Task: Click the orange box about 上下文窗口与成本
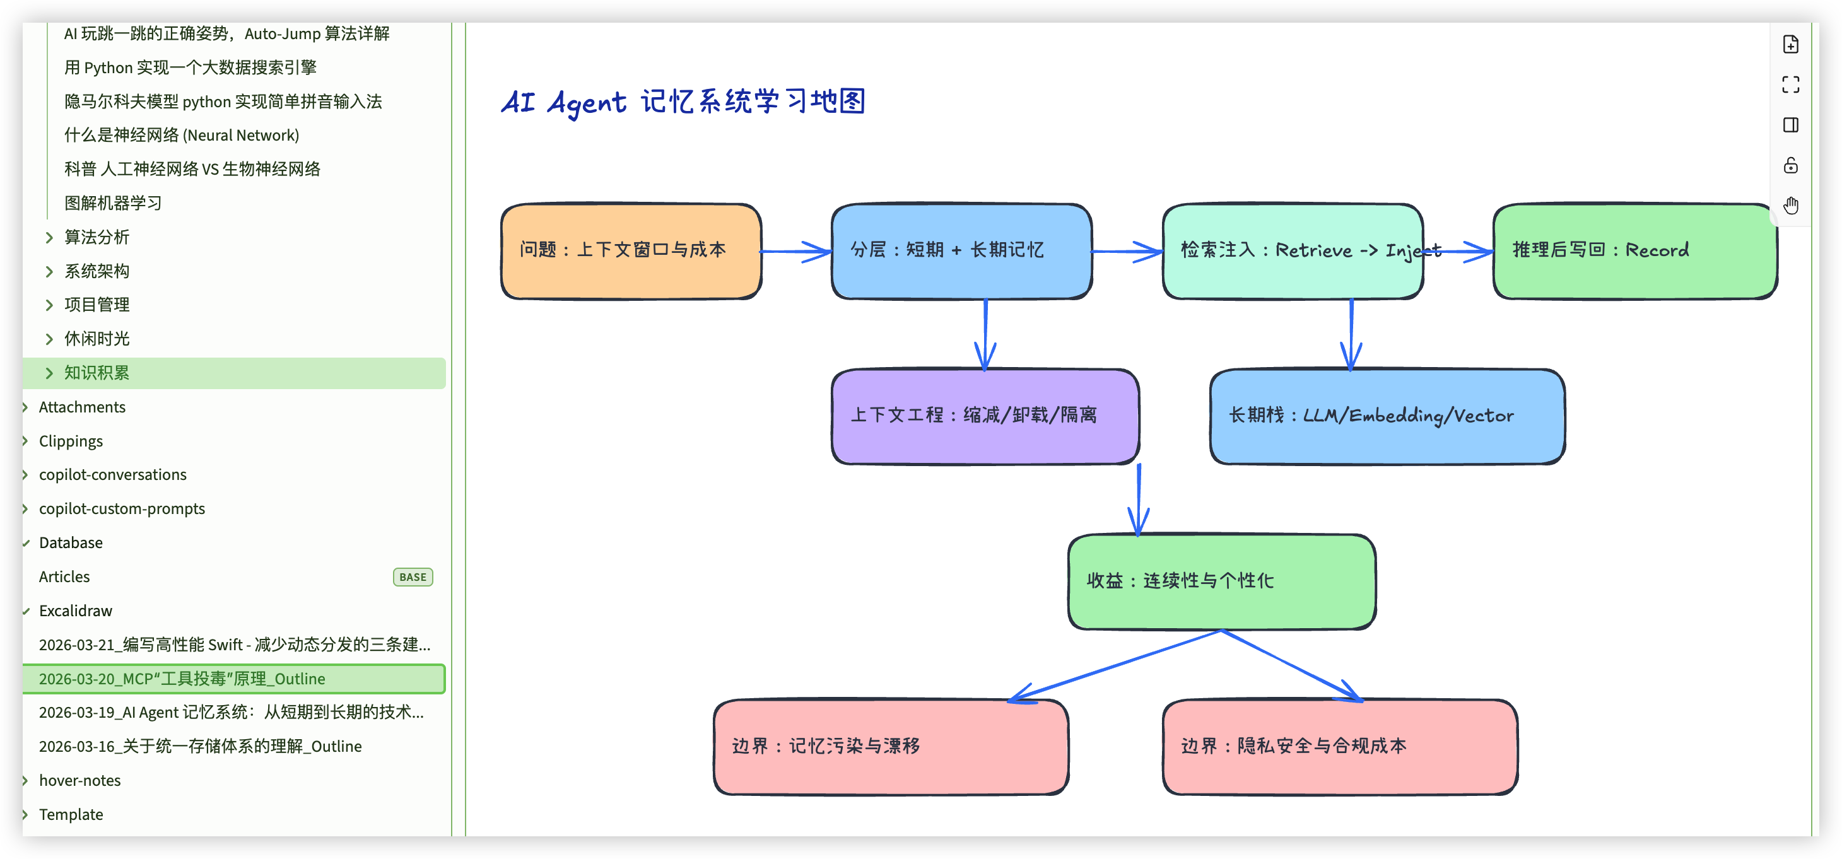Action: pyautogui.click(x=631, y=251)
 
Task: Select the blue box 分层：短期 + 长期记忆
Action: pyautogui.click(x=961, y=251)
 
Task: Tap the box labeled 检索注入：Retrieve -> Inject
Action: pyautogui.click(x=1291, y=251)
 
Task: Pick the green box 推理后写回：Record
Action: pyautogui.click(x=1634, y=251)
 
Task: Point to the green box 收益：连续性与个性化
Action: pyautogui.click(x=1221, y=581)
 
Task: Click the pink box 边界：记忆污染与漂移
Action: pyautogui.click(x=890, y=746)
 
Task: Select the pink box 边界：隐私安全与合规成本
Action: pyautogui.click(x=1339, y=746)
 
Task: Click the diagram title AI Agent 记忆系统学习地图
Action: pyautogui.click(x=683, y=102)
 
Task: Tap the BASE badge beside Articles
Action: pyautogui.click(x=413, y=576)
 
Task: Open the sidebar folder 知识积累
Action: pyautogui.click(x=97, y=373)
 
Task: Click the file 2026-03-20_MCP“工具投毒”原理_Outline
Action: pyautogui.click(x=182, y=679)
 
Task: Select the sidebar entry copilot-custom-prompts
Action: pyautogui.click(x=122, y=509)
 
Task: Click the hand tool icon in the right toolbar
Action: pyautogui.click(x=1790, y=206)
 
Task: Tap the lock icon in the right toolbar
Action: pyautogui.click(x=1790, y=166)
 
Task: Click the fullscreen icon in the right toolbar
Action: pyautogui.click(x=1790, y=85)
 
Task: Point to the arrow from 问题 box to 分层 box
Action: pyautogui.click(x=795, y=252)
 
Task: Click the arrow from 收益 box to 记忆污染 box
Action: pyautogui.click(x=1115, y=665)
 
